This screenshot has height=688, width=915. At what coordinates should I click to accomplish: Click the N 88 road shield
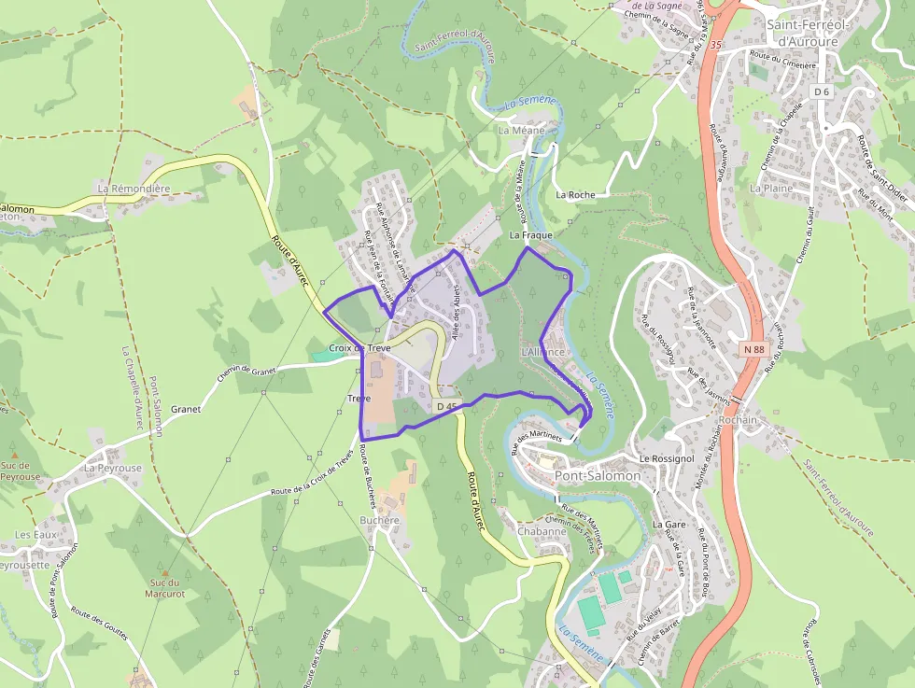754,349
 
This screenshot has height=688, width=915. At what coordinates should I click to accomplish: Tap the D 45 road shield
447,406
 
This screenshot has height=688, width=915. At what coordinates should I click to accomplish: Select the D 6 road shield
822,91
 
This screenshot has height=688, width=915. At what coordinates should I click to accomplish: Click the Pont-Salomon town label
598,475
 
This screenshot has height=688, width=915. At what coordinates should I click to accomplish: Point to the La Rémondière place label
134,189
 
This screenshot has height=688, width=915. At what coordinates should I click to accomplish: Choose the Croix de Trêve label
359,347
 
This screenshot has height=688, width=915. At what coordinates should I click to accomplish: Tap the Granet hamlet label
186,409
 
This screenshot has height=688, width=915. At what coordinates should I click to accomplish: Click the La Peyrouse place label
113,468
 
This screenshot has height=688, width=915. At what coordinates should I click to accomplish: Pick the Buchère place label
379,520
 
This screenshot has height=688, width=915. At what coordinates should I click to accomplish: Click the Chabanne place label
542,531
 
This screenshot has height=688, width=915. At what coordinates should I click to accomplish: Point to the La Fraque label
531,236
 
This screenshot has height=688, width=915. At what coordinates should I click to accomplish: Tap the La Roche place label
575,195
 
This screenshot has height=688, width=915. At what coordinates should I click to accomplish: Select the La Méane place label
521,131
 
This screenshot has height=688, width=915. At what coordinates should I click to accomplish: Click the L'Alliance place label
543,352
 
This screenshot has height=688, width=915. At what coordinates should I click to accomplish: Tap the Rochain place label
738,420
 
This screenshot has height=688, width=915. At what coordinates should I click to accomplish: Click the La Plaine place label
771,188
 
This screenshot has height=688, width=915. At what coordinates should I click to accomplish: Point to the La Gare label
669,525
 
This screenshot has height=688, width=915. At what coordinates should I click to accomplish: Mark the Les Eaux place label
35,535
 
